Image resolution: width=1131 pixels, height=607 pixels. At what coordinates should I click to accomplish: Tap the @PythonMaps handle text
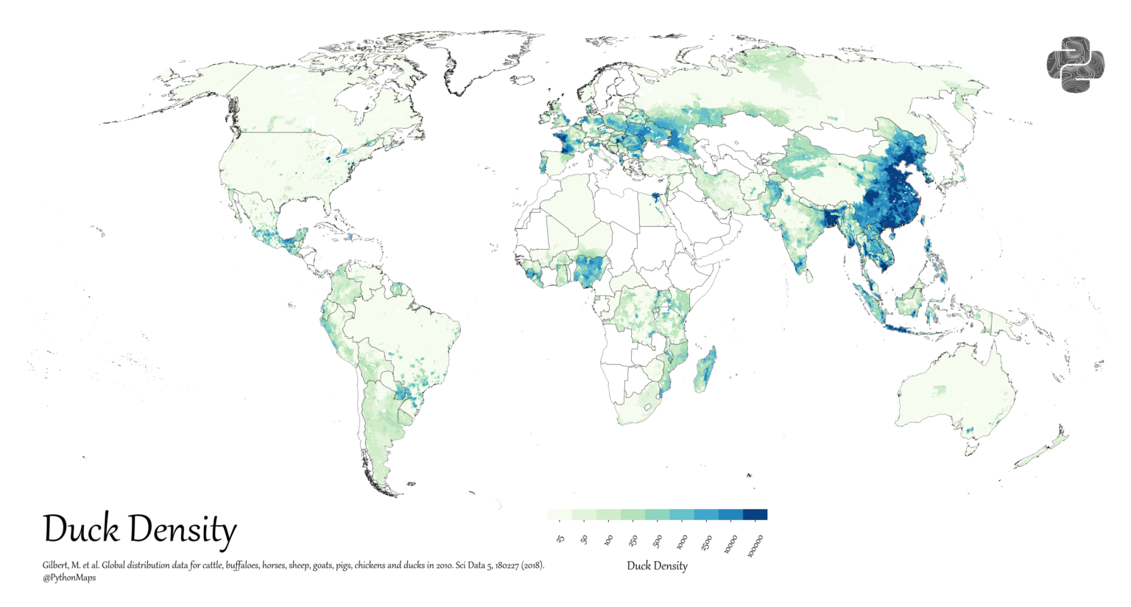[x=69, y=578]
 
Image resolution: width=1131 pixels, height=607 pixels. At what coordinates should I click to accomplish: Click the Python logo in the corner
[x=1075, y=65]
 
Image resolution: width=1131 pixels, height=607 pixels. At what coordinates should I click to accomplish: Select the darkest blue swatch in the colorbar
[x=755, y=514]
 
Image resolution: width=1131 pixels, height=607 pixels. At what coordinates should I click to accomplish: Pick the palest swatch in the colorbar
[x=560, y=514]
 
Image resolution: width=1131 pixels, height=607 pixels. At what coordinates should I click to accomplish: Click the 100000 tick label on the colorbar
[x=757, y=546]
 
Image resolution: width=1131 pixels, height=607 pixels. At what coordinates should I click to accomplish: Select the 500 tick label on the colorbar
[x=658, y=541]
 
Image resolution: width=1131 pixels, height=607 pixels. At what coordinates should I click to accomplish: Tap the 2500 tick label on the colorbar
[x=706, y=543]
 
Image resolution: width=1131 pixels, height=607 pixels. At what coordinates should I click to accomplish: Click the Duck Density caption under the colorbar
[x=657, y=566]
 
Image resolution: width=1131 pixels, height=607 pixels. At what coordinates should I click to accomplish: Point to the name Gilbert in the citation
[x=56, y=566]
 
